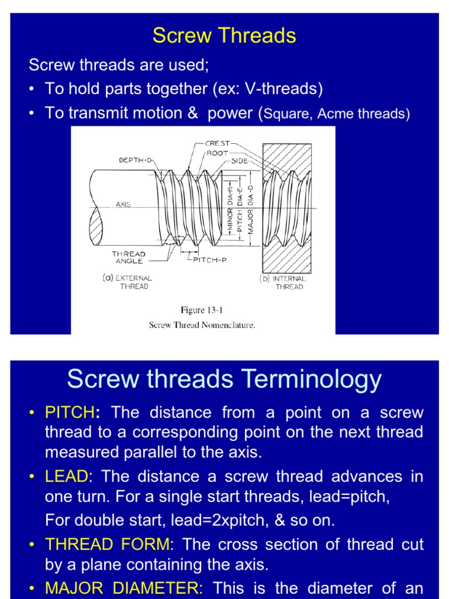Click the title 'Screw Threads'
pos(224,36)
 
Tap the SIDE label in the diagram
pos(239,160)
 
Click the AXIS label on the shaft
pos(123,205)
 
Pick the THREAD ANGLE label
pos(129,258)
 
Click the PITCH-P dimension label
pos(210,260)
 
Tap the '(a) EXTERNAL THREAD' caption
pos(128,283)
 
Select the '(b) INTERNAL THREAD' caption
pos(284,283)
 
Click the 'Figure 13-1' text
pos(202,310)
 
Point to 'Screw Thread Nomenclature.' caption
pos(202,325)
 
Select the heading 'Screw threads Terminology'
pos(224,379)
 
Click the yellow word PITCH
pos(70,412)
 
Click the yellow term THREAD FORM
pos(107,545)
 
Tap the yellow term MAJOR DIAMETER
pos(123,588)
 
